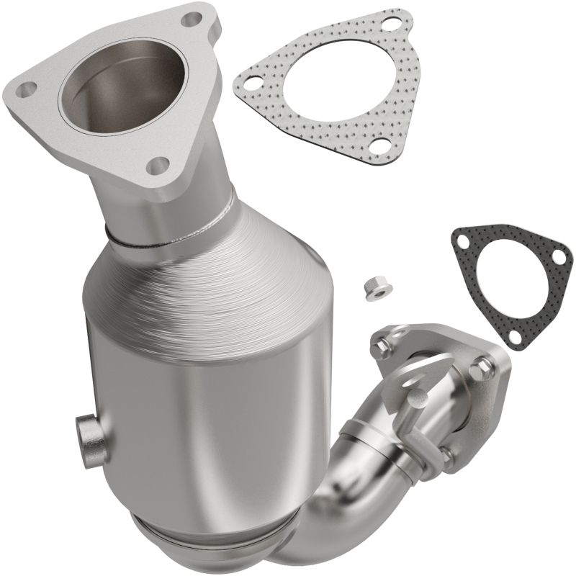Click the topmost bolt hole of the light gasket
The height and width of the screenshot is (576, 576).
tap(391, 26)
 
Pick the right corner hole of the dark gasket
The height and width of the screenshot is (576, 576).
tap(557, 254)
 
